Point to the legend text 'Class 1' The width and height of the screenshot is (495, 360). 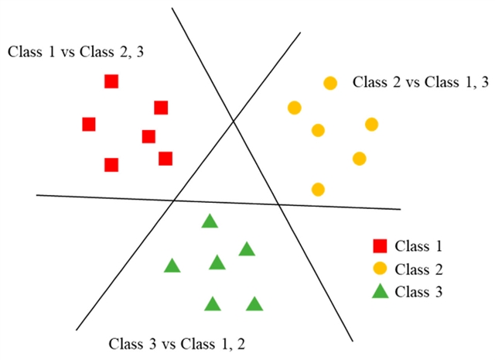[x=418, y=247]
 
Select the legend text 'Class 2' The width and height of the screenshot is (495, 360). [x=418, y=269]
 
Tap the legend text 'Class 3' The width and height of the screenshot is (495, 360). [x=418, y=292]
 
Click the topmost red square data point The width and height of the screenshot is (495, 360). [x=111, y=81]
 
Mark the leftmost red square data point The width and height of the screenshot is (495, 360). [x=89, y=124]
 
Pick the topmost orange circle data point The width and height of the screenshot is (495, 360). [x=330, y=83]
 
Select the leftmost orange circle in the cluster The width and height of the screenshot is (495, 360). [x=294, y=108]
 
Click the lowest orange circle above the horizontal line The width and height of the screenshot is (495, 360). [x=318, y=189]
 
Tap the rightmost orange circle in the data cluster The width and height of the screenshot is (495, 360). [x=371, y=124]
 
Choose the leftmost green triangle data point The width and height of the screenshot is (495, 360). [x=172, y=266]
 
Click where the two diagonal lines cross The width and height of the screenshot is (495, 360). [x=233, y=120]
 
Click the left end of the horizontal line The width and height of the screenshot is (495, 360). [x=37, y=195]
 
